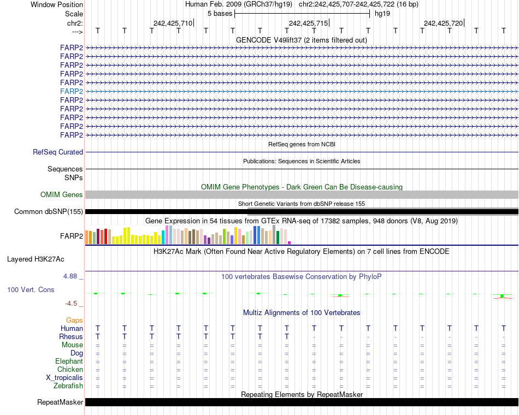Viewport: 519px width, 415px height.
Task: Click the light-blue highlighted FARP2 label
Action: [x=72, y=91]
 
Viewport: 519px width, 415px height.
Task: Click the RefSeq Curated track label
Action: [x=58, y=152]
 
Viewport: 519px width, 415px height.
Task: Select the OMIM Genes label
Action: [x=62, y=194]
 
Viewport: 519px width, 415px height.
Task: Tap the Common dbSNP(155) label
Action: [x=49, y=212]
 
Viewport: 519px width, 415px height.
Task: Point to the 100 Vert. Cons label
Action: [x=31, y=289]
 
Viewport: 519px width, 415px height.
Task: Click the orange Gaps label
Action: [x=74, y=320]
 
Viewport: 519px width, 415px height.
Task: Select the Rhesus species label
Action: [x=71, y=337]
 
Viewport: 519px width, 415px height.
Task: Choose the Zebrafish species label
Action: [x=68, y=386]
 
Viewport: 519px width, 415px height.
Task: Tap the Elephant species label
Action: [x=69, y=361]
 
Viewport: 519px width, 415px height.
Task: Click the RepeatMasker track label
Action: [x=60, y=402]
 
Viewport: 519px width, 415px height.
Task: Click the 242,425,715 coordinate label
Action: [x=308, y=23]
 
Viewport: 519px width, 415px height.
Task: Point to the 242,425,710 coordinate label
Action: [x=173, y=23]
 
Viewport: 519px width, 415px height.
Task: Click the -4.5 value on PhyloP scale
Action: [x=72, y=304]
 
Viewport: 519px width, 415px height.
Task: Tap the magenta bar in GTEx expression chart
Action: [x=290, y=242]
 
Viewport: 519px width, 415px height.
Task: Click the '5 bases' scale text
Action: [x=220, y=14]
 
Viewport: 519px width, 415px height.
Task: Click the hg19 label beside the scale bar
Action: [x=382, y=14]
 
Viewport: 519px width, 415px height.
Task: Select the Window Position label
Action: [x=57, y=4]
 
